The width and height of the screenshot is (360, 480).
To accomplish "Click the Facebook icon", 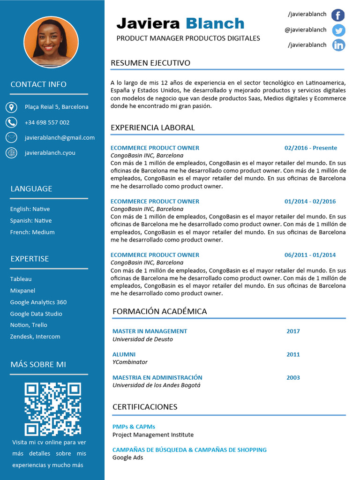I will pos(338,15).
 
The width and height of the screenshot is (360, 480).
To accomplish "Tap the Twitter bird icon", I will pos(338,30).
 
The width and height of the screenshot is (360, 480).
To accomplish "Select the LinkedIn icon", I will pos(338,45).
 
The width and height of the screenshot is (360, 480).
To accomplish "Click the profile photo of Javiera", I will pos(51,42).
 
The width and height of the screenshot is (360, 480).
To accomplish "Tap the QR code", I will pos(52,409).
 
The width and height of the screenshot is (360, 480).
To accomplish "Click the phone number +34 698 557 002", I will pos(47,122).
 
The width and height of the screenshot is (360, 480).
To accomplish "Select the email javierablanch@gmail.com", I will pos(60,137).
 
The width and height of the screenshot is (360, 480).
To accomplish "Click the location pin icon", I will pos(11,107).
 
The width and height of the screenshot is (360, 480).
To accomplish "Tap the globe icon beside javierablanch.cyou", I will pos(11,152).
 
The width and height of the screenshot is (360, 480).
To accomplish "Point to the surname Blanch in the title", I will pos(215,23).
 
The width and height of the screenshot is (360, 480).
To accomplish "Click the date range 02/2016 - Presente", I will pos(310,148).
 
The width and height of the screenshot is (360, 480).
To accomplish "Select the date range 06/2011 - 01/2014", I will pos(310,255).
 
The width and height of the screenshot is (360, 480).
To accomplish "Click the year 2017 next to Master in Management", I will pos(293,331).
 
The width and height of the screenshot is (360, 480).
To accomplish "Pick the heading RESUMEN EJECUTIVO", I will pos(150,63).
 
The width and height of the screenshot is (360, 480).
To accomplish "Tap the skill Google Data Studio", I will pos(36,314).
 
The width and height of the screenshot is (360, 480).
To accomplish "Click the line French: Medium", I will pos(32,232).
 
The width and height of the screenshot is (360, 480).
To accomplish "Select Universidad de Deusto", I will pos(142,339).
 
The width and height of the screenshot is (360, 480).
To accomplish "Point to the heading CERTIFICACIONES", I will pos(145,407).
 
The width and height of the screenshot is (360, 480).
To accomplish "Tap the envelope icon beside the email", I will pos(11,137).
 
